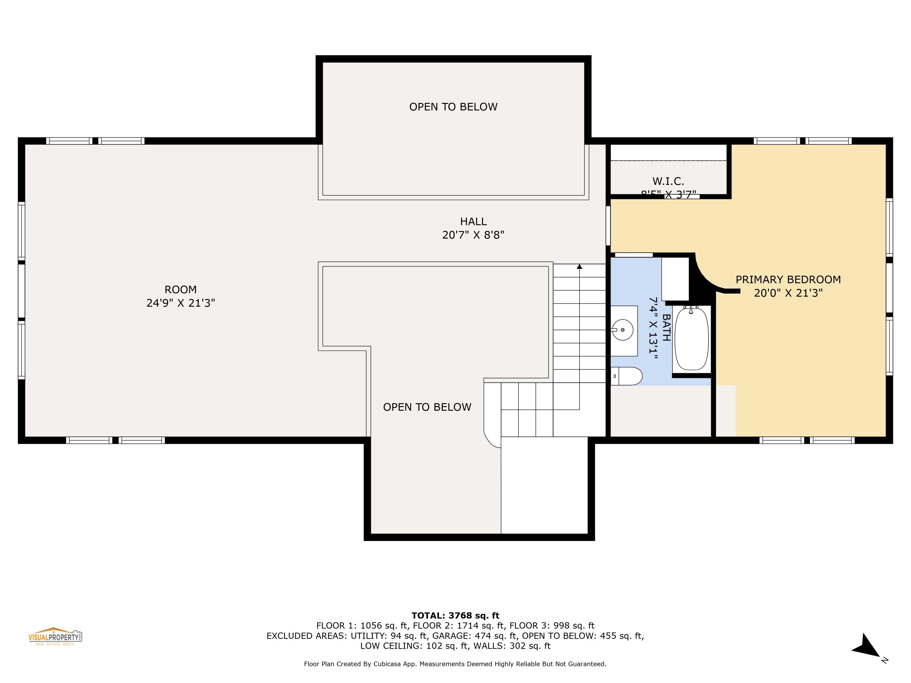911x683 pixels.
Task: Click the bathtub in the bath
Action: (692, 339)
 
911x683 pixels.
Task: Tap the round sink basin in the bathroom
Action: (623, 330)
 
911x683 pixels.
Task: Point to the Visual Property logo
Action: (55, 637)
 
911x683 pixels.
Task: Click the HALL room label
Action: (473, 222)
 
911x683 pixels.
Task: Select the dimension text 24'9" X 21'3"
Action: (181, 303)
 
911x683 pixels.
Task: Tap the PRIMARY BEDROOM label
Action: (788, 280)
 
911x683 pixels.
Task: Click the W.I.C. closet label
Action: (668, 181)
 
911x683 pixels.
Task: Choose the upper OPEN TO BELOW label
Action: (453, 107)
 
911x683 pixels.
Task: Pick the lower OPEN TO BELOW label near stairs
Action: (427, 407)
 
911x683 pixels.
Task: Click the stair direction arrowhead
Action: (579, 267)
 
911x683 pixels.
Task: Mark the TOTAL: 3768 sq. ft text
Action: (455, 616)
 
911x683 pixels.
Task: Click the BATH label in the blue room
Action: (666, 328)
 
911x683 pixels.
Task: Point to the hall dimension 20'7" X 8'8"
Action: (473, 235)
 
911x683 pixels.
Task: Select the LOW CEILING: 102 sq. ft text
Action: (414, 646)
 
